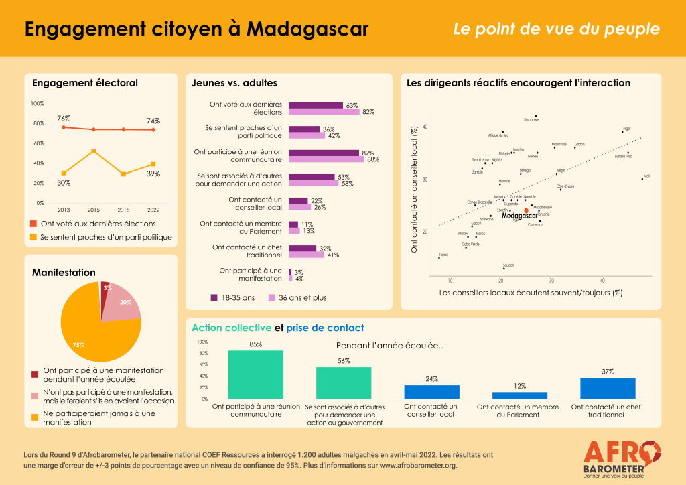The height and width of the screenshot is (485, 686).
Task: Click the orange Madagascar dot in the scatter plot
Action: [x=526, y=210]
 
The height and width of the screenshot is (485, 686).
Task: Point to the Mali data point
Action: [x=642, y=179]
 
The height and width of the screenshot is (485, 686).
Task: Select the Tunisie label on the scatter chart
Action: [x=443, y=255]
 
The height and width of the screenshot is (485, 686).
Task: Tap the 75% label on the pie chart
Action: [x=78, y=344]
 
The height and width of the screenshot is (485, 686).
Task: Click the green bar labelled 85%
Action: [x=255, y=374]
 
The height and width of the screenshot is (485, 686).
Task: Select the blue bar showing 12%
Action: [x=519, y=395]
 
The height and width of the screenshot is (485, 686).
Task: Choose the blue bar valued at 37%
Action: [x=608, y=389]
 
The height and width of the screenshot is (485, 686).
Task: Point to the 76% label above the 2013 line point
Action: [x=63, y=118]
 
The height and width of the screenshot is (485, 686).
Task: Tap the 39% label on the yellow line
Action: [x=153, y=174]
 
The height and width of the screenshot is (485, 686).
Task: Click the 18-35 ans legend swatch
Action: [x=214, y=297]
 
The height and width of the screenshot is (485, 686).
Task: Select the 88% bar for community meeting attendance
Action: [x=326, y=159]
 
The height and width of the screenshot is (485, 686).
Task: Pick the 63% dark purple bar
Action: [x=316, y=105]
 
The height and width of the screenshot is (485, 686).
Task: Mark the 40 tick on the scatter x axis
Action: [x=602, y=280]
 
